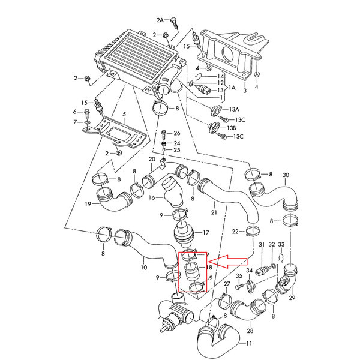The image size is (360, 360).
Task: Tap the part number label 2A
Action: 160,20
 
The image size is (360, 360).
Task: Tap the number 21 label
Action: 213,211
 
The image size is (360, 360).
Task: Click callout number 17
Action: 206,233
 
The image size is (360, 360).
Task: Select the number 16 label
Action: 152,197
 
